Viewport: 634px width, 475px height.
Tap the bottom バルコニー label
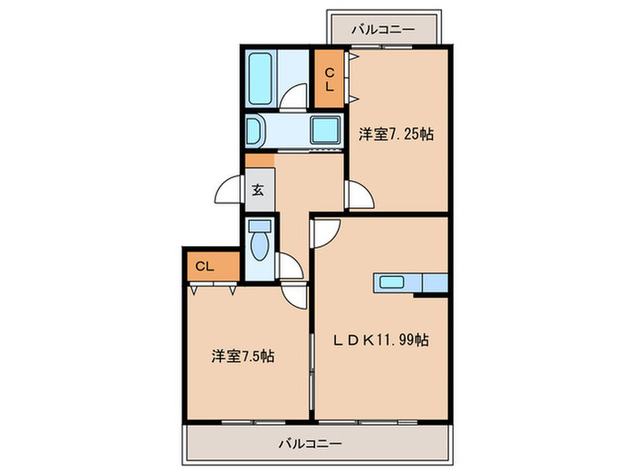310,443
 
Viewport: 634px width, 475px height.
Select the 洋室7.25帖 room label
396,134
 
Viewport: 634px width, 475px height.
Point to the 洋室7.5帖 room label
244,356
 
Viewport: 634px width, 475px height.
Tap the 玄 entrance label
257,191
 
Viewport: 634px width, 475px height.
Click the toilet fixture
260,242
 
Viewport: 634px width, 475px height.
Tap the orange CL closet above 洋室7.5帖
205,266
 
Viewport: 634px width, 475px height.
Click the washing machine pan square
325,129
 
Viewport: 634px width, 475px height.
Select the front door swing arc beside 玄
229,192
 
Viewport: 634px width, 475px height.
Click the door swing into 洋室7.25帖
358,195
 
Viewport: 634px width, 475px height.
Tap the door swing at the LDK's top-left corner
324,232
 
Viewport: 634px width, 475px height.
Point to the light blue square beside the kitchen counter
435,283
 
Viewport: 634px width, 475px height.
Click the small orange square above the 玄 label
259,161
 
